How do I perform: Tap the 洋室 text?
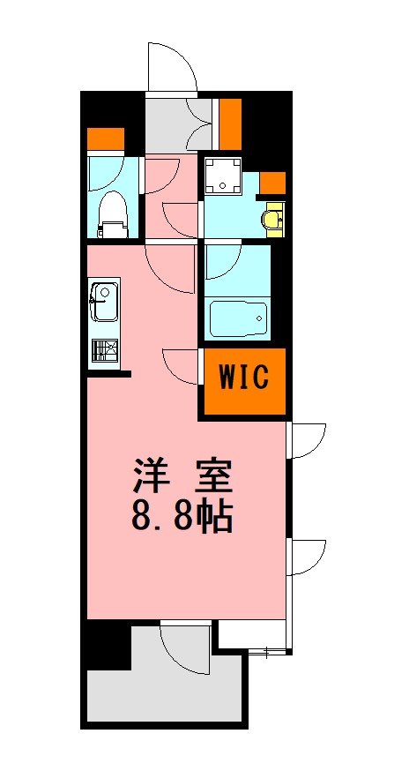point(182,477)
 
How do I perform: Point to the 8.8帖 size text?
point(182,517)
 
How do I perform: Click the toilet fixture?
point(111,213)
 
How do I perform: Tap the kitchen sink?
point(104,301)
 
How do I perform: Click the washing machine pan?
point(224,176)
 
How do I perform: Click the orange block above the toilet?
point(105,139)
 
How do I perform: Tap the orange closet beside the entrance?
point(230,124)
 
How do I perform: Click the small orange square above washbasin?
point(273,183)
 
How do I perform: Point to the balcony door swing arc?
point(187,648)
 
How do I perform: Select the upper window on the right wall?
point(307,441)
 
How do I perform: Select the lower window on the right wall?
point(307,558)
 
